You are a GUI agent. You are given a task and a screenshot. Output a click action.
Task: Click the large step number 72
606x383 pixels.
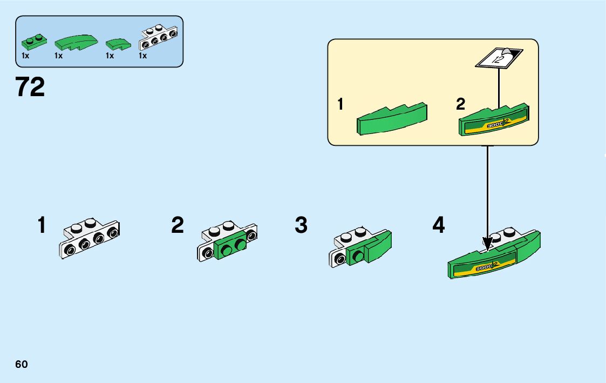click(x=30, y=87)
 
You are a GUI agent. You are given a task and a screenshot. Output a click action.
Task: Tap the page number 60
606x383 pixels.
click(x=22, y=364)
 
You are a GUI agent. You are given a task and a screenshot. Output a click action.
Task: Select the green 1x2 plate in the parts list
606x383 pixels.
click(x=33, y=41)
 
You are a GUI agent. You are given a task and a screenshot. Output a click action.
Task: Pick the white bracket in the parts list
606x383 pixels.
click(x=158, y=37)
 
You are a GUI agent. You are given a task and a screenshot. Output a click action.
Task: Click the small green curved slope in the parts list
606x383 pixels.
click(x=118, y=44)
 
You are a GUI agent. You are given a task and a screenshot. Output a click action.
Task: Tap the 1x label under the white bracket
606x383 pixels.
click(x=143, y=56)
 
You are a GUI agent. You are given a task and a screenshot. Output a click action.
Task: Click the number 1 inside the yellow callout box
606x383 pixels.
click(x=341, y=104)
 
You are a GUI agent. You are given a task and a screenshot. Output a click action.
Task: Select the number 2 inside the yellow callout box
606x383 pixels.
click(x=460, y=104)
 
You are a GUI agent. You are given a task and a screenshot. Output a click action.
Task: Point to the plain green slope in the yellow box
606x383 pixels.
click(x=392, y=118)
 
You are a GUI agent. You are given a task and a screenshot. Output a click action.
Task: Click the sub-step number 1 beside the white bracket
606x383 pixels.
click(x=42, y=225)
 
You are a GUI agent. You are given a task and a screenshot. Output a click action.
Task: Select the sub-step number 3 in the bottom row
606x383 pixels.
click(x=301, y=225)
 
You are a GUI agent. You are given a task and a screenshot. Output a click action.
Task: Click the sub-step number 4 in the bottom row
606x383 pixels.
click(x=439, y=225)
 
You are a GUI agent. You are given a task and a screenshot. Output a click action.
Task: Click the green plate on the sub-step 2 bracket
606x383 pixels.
click(x=230, y=249)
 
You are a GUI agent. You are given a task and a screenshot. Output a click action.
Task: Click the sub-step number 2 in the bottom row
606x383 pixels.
click(x=178, y=225)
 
